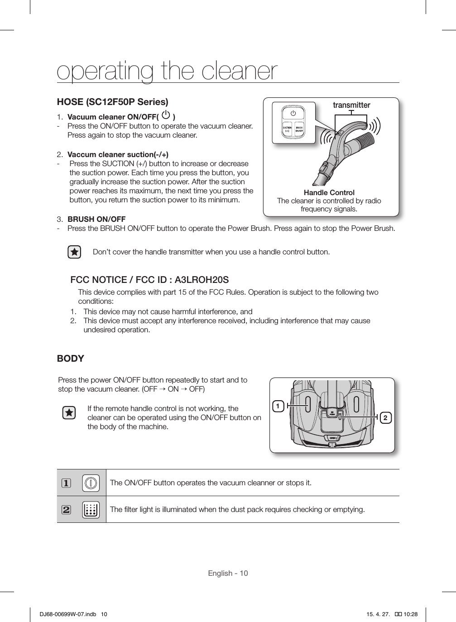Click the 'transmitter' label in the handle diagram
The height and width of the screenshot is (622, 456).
[351, 105]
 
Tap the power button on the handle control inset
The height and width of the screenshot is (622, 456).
[293, 113]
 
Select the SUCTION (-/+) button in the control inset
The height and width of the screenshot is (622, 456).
[287, 129]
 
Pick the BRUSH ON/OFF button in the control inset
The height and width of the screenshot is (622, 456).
[299, 129]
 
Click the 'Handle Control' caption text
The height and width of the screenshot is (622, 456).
[329, 192]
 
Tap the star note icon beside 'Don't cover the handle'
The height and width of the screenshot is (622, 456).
[74, 252]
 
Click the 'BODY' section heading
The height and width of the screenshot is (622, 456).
[71, 359]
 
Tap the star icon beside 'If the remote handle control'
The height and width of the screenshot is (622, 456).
[69, 413]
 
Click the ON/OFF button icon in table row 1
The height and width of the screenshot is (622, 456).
[91, 483]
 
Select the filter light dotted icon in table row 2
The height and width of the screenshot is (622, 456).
[91, 510]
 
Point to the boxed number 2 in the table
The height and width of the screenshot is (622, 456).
[67, 510]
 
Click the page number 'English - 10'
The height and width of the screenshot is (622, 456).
[228, 574]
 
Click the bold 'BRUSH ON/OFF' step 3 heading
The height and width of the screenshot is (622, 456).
[96, 219]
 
